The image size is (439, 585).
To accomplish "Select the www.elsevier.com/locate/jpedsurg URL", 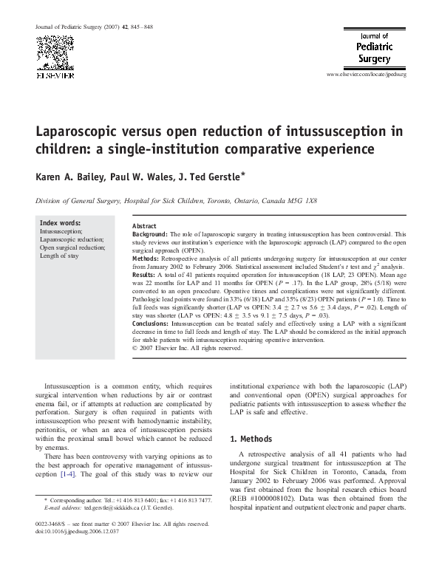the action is coord(367,75).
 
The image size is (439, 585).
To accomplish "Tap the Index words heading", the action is coord(61,223).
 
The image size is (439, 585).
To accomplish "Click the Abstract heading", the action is coord(143,225).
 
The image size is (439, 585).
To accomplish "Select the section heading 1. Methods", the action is coord(251,439).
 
